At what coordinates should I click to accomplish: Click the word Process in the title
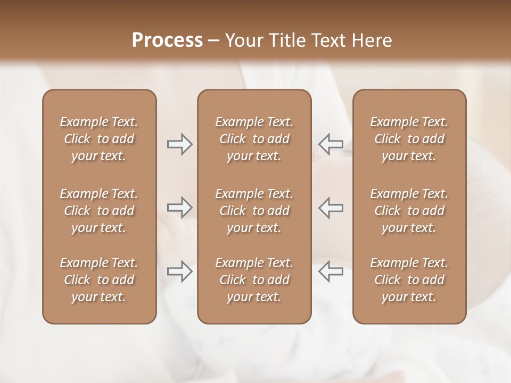167,40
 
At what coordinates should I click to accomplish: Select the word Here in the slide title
372,40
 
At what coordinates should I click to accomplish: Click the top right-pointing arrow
179,144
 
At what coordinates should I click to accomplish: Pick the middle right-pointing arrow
179,207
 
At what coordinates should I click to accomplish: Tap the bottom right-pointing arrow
179,271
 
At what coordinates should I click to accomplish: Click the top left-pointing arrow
331,144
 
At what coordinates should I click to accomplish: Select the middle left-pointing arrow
331,207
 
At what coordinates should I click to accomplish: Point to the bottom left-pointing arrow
331,271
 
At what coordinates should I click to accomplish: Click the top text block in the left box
99,139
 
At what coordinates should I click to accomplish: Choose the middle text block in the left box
99,211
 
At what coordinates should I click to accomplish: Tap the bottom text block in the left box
99,280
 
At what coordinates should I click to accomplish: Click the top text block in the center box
254,139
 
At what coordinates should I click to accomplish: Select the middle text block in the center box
254,211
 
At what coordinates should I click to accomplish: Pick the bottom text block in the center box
254,280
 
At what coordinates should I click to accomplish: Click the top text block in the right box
409,139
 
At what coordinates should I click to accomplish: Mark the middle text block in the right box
409,211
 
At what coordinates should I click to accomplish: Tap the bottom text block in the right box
409,280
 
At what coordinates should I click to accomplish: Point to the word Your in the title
243,40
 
